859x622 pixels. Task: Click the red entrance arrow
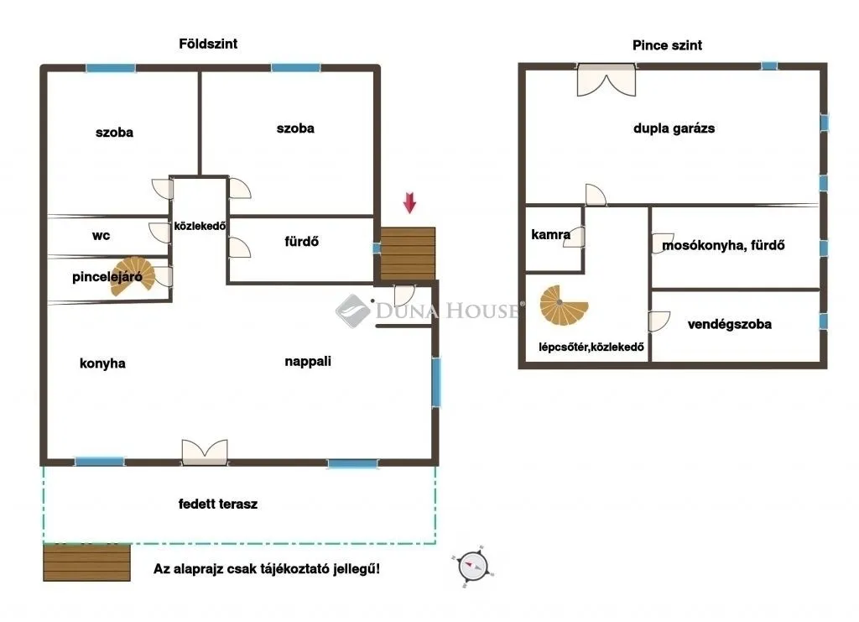tap(409, 202)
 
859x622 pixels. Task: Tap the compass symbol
tap(472, 566)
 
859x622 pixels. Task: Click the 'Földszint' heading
tap(208, 44)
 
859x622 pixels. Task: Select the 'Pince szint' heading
tap(667, 45)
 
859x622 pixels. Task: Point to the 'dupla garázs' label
tap(674, 129)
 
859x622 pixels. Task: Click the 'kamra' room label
tap(551, 235)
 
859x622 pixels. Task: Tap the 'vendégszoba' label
tap(729, 324)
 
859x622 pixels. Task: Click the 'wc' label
tap(101, 236)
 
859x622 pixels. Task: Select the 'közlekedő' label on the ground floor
tap(199, 226)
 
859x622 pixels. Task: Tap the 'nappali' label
tap(308, 362)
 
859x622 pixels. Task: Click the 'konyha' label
tap(102, 363)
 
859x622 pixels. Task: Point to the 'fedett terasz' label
tap(218, 504)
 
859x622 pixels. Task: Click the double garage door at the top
tap(606, 81)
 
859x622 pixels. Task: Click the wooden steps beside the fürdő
tap(409, 254)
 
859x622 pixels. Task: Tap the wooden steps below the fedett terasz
tap(87, 562)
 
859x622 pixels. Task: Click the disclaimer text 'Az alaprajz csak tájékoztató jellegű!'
tap(266, 569)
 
